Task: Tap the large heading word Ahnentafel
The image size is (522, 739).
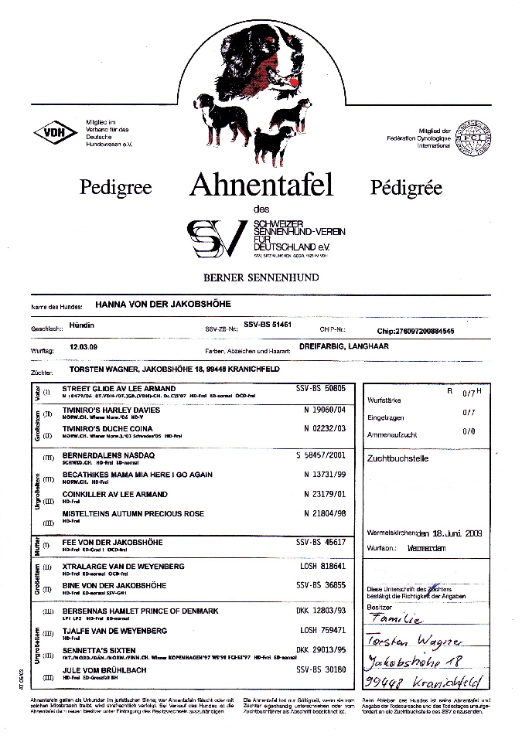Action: click(x=261, y=186)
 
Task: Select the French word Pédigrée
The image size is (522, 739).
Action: click(x=407, y=187)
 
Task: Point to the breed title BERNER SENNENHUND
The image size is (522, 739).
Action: click(x=261, y=276)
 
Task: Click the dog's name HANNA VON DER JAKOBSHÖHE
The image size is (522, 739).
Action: click(x=160, y=305)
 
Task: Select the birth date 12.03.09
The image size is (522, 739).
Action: click(x=83, y=347)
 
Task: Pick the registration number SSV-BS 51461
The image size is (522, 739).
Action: click(x=267, y=326)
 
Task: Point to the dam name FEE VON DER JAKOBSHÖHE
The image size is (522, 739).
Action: click(x=107, y=544)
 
